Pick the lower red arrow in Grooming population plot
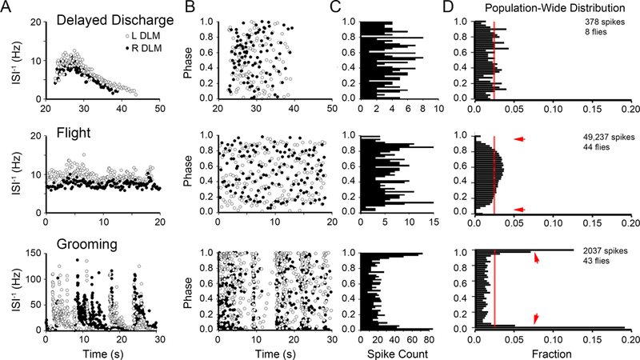pos(535,318)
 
